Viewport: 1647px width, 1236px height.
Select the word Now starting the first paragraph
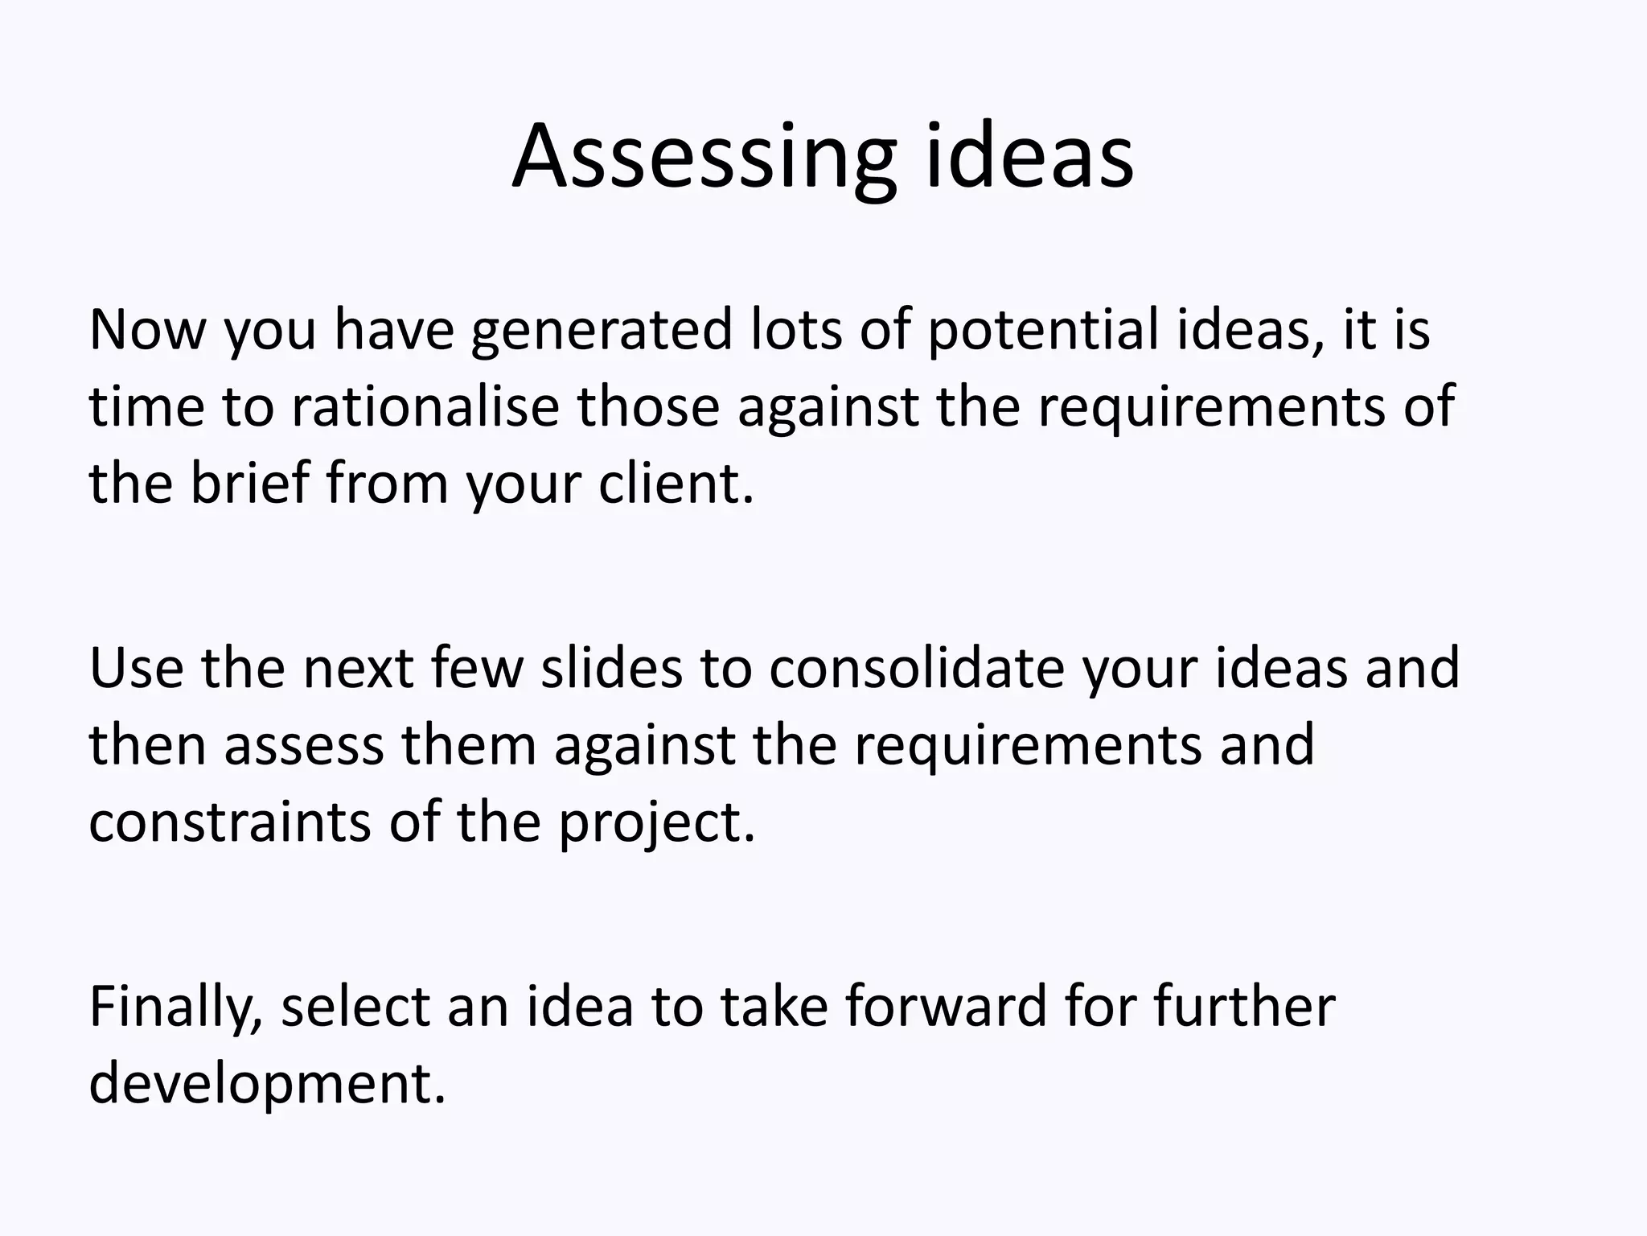tap(147, 330)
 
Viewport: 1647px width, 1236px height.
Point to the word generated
tap(602, 332)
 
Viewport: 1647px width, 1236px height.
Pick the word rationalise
tap(425, 407)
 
